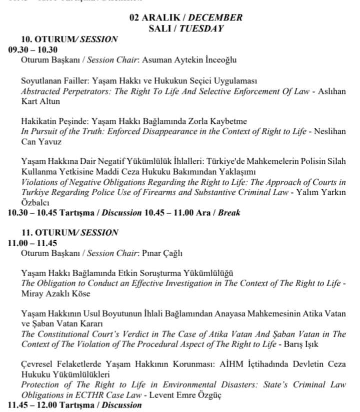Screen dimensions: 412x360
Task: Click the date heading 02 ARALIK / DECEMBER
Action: click(x=185, y=17)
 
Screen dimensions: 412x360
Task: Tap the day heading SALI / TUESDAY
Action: click(x=185, y=28)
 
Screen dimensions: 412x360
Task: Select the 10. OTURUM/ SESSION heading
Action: click(x=69, y=39)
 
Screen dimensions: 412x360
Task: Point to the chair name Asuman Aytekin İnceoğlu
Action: click(x=189, y=60)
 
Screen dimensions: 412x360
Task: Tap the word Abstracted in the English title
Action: click(x=41, y=91)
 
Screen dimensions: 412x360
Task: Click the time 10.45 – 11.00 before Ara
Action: click(x=168, y=213)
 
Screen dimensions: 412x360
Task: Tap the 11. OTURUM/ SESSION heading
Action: click(x=69, y=233)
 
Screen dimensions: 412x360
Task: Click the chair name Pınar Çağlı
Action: click(x=162, y=253)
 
